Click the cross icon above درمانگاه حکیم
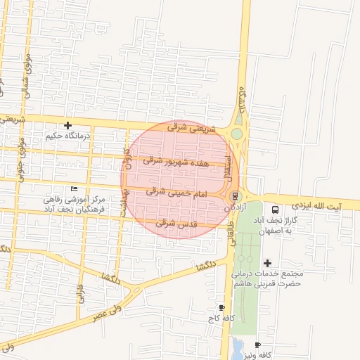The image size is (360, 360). point(67,124)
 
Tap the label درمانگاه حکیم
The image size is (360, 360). point(68,134)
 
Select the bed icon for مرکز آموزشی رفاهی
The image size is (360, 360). point(75,189)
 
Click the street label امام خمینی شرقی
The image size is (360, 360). point(176,191)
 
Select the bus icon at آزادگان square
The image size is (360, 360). point(235,196)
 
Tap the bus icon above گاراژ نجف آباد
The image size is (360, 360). point(274,209)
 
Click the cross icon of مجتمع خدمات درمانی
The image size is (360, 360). point(266,263)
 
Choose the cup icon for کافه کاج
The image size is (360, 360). point(222,307)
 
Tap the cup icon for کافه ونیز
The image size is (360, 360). point(257,345)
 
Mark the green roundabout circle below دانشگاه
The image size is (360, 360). point(237,134)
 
